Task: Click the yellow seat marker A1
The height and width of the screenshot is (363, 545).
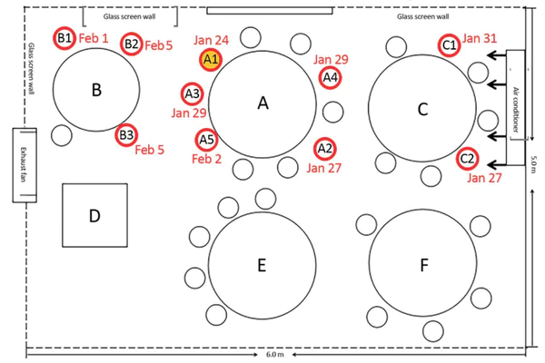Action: (x=210, y=60)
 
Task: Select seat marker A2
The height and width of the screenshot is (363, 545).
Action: (x=324, y=148)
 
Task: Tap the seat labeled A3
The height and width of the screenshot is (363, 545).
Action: (x=192, y=93)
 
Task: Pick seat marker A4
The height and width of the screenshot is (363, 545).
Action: (x=331, y=78)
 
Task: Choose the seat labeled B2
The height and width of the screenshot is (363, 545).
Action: (x=131, y=44)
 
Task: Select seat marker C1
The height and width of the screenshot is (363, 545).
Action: (x=449, y=44)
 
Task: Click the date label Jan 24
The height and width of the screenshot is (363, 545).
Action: (x=211, y=40)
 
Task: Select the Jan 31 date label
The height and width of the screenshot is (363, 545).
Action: (x=480, y=38)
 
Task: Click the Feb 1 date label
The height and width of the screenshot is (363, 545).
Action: (x=94, y=39)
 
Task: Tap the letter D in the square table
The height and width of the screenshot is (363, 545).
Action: (x=94, y=215)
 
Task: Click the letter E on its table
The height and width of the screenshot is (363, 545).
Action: (x=262, y=265)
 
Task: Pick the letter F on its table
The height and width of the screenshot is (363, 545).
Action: (x=423, y=265)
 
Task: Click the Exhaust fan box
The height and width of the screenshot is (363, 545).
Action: (x=25, y=164)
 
